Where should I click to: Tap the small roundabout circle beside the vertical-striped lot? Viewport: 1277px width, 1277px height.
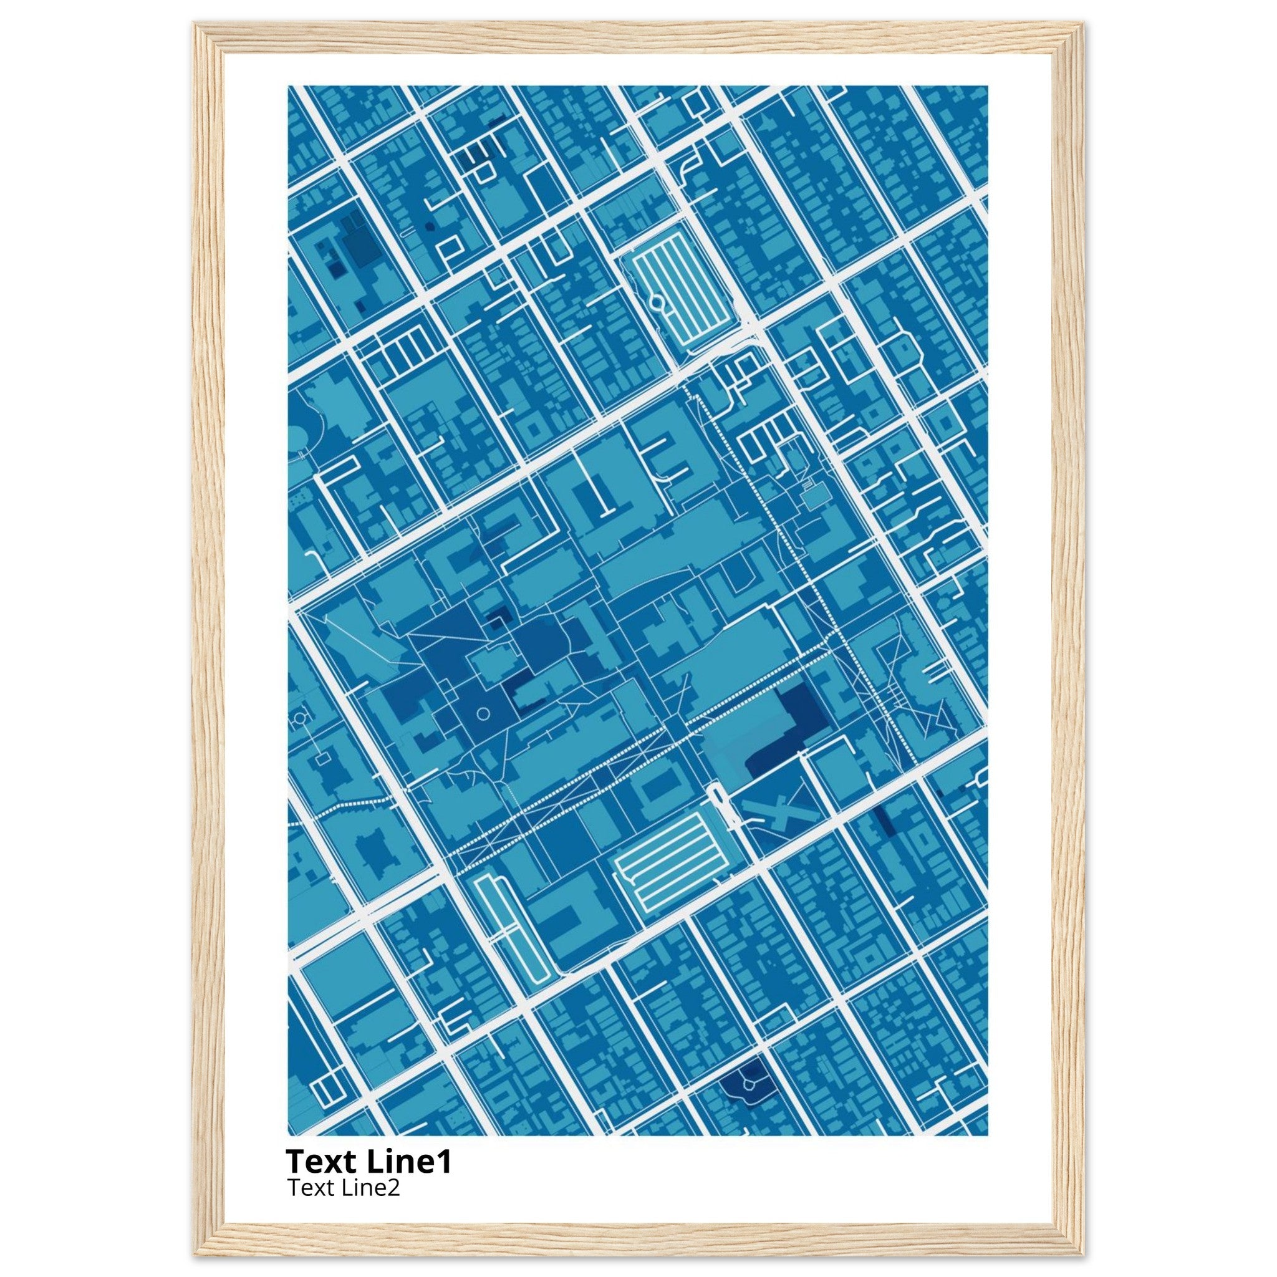click(658, 302)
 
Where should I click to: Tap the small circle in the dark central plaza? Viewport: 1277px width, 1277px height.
click(483, 713)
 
